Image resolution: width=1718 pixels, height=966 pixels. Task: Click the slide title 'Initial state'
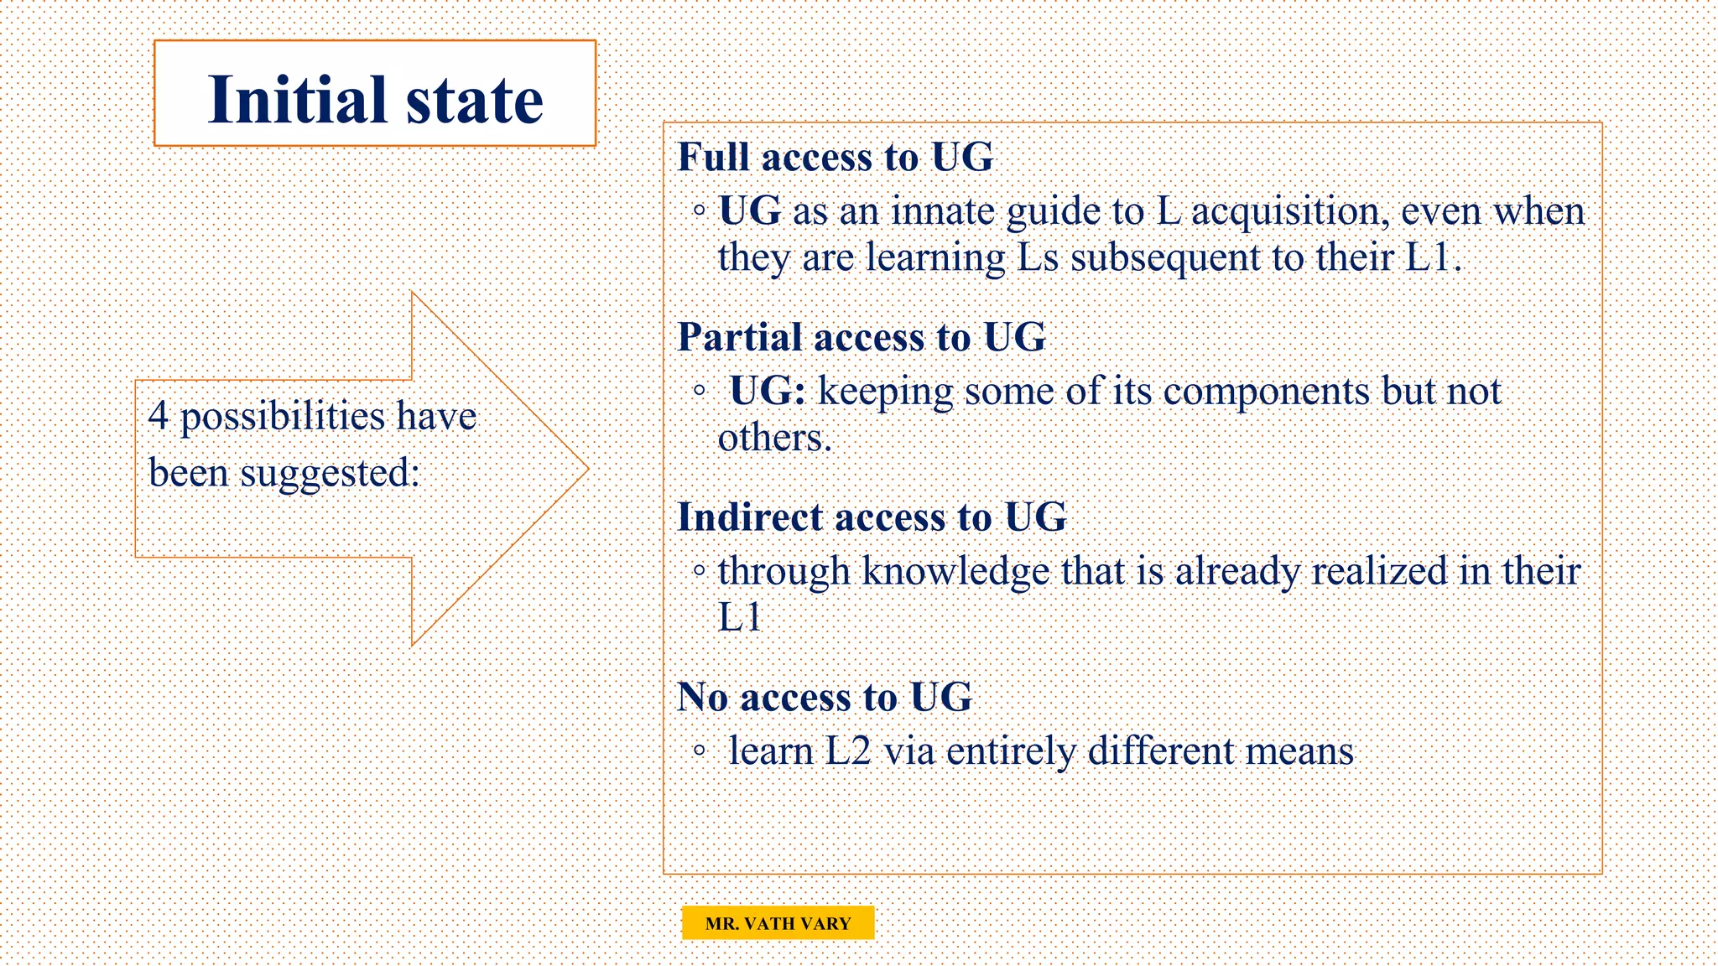click(375, 100)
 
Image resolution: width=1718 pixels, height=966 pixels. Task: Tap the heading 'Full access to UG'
click(835, 158)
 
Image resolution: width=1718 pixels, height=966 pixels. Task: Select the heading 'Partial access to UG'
click(861, 337)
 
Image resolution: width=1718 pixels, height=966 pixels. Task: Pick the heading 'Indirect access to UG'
click(871, 517)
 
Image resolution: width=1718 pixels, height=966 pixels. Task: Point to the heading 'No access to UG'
click(824, 698)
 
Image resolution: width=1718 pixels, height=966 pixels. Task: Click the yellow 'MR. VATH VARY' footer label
click(778, 923)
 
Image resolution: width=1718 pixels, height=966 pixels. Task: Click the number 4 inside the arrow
click(159, 417)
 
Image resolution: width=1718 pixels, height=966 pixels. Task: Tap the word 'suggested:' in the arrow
click(330, 474)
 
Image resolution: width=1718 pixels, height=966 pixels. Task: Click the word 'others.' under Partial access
click(774, 438)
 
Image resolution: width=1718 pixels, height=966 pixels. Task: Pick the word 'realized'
click(1380, 572)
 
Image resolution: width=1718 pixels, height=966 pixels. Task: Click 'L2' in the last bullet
click(848, 751)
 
